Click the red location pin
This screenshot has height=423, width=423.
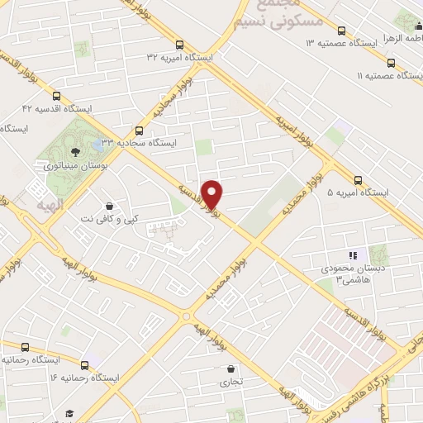213,195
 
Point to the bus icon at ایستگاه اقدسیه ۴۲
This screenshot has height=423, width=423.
57,95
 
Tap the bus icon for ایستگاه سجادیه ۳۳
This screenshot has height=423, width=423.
138,130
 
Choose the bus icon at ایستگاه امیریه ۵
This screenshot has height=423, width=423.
358,180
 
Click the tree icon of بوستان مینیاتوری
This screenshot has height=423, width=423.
75,151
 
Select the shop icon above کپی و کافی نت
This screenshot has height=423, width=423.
108,206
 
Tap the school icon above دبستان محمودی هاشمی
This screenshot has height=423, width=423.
351,254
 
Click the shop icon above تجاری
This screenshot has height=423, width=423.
230,368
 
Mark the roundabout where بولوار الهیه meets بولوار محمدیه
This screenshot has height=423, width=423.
188,315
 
